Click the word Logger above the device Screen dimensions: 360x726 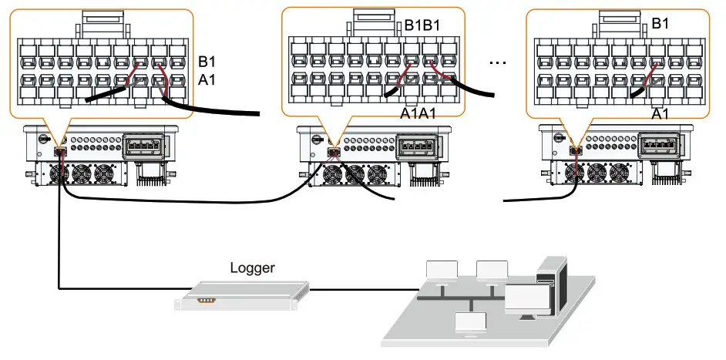point(252,269)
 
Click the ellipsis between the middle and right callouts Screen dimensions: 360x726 point(497,63)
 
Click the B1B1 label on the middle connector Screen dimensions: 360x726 point(423,25)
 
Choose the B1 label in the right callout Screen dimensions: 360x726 point(660,24)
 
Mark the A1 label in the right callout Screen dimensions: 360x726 point(660,114)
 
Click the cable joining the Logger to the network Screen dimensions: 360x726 point(362,291)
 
